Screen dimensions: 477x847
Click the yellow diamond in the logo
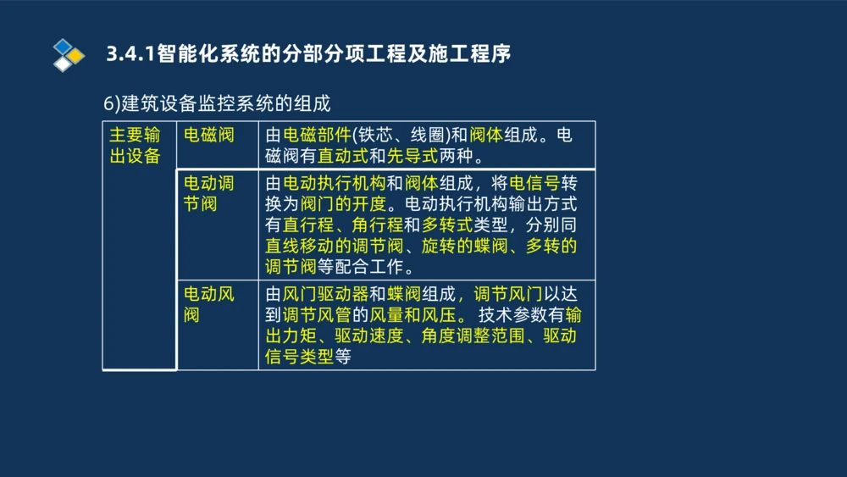[75, 56]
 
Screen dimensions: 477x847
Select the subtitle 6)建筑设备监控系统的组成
[217, 103]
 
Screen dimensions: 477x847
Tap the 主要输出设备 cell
[136, 145]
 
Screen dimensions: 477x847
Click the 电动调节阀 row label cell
[209, 193]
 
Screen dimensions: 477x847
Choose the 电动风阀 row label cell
[209, 304]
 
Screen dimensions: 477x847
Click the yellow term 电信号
[534, 183]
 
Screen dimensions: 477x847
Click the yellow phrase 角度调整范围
[473, 336]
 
